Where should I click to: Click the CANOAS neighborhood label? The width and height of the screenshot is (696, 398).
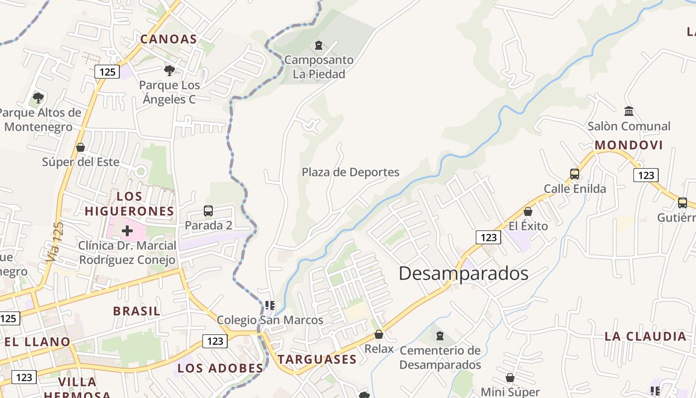[x=169, y=39]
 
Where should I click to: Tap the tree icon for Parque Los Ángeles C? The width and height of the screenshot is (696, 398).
[x=170, y=70]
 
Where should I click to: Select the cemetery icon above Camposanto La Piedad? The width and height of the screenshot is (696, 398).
[x=319, y=46]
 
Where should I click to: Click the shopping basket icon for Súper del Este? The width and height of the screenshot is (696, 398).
[x=81, y=147]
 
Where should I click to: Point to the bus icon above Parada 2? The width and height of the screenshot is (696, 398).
[x=208, y=211]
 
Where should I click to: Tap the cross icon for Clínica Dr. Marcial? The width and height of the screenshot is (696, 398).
[x=127, y=230]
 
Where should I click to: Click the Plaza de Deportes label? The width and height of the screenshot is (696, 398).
[x=350, y=172]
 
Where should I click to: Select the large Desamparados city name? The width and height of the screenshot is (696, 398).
[x=463, y=273]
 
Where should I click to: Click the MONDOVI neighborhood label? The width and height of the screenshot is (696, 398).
[x=629, y=145]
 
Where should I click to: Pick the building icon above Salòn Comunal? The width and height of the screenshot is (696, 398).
[x=629, y=111]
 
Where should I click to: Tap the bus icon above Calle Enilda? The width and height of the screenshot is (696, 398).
[x=575, y=174]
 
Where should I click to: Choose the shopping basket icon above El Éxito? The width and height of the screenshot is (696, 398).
[x=528, y=211]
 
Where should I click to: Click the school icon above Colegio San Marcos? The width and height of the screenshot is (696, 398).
[x=270, y=305]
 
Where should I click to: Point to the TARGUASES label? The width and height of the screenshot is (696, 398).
[x=317, y=359]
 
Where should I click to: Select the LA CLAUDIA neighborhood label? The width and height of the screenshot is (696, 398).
[x=645, y=336]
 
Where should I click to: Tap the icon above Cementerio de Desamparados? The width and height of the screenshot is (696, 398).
[x=440, y=336]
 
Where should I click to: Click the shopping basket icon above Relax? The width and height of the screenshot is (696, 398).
[x=379, y=334]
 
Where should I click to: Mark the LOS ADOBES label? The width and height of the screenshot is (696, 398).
[x=220, y=368]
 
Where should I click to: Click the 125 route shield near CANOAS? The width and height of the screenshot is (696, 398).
[x=107, y=72]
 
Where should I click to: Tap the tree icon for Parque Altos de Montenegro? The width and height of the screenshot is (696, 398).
[x=38, y=98]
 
